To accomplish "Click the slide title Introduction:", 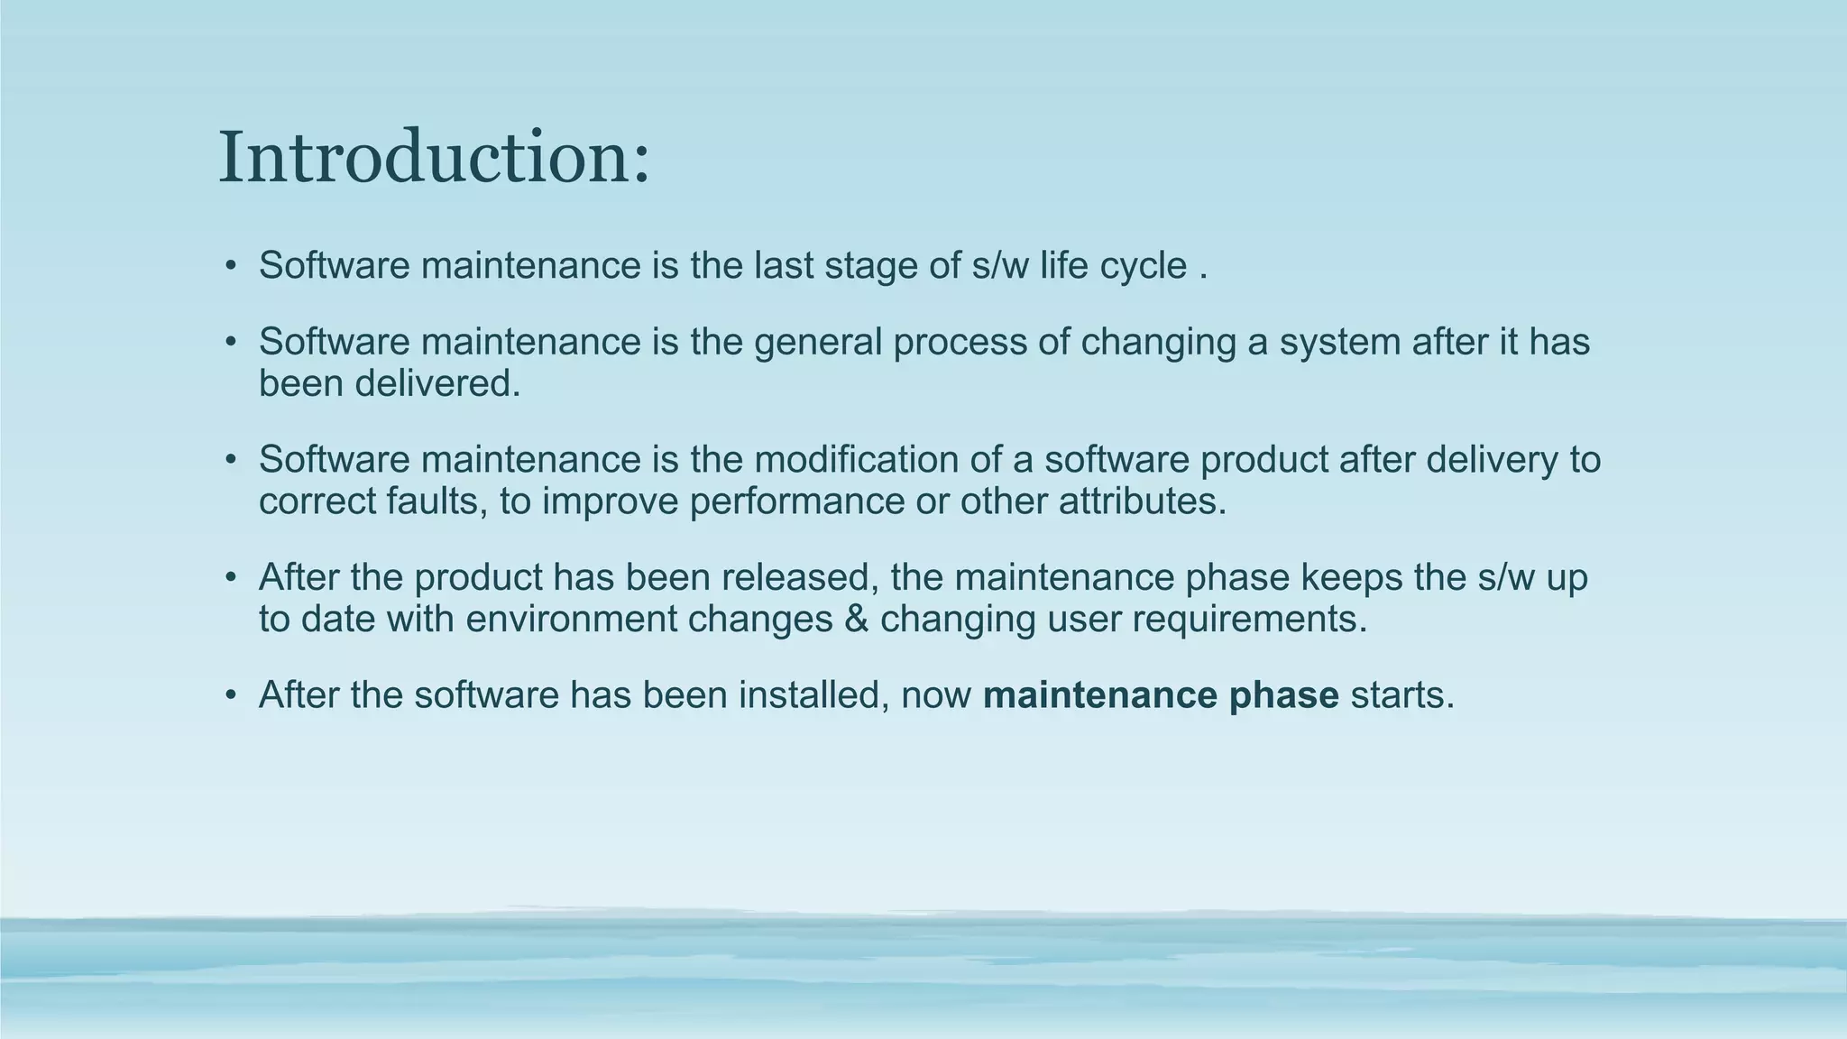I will pos(433,157).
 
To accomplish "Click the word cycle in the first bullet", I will pos(1143,267).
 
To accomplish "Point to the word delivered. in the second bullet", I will pos(437,384).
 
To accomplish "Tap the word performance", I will pos(796,501).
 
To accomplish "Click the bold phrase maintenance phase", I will pos(1160,695).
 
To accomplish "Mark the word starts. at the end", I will pos(1402,695).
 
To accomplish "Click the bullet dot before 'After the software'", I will pos(231,695).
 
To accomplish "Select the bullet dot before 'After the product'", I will pos(231,578).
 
